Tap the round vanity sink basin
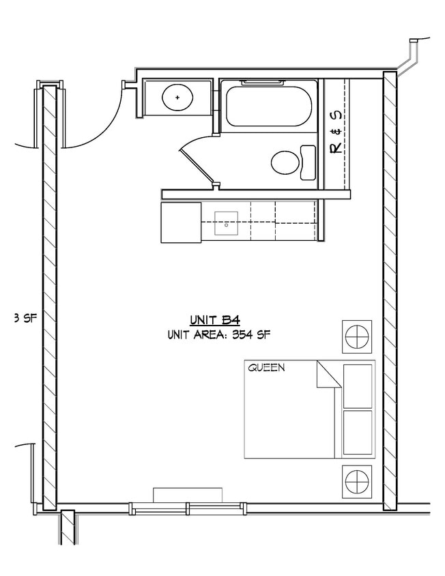coord(177,98)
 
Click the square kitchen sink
coord(226,222)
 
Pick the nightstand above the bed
coord(357,336)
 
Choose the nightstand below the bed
coord(357,481)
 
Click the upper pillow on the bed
coord(357,386)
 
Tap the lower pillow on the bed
coord(357,432)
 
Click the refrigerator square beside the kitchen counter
coord(181,222)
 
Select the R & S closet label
coord(336,131)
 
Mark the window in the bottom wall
coord(186,507)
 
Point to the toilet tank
coord(308,163)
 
